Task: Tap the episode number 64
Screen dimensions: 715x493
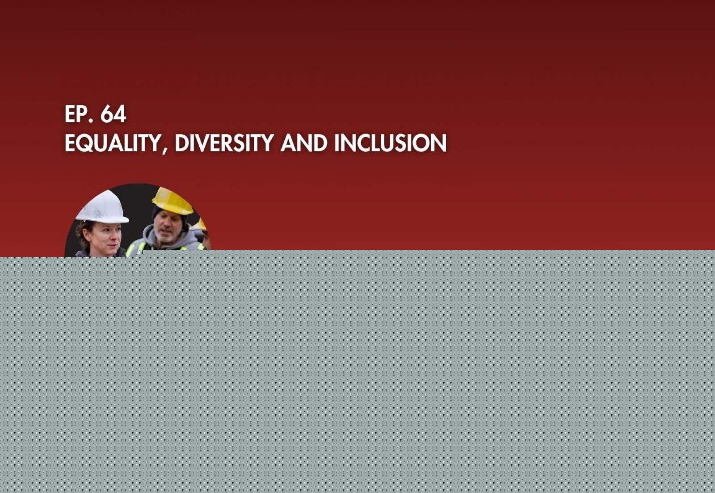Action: [113, 114]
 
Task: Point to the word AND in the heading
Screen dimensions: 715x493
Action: [304, 143]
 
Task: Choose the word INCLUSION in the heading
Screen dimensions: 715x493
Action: [390, 143]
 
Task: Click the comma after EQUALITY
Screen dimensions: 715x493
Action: [165, 150]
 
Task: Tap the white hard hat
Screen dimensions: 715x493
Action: [103, 207]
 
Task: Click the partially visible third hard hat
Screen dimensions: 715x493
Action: [199, 225]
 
